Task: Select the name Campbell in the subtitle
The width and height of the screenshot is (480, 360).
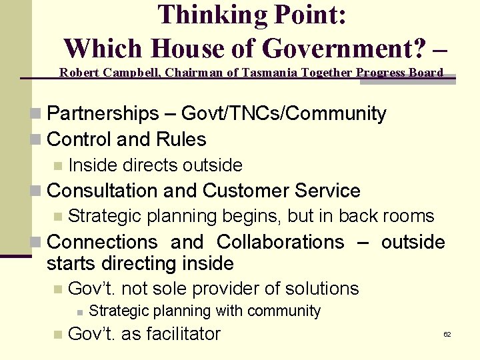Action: point(130,73)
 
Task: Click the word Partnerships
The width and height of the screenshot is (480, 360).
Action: point(103,114)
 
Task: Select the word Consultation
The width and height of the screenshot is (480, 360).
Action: point(103,191)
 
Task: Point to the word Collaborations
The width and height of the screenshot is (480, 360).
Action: point(281,241)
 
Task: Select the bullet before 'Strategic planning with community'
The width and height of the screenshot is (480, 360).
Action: point(79,311)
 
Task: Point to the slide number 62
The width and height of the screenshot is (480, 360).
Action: point(447,334)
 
